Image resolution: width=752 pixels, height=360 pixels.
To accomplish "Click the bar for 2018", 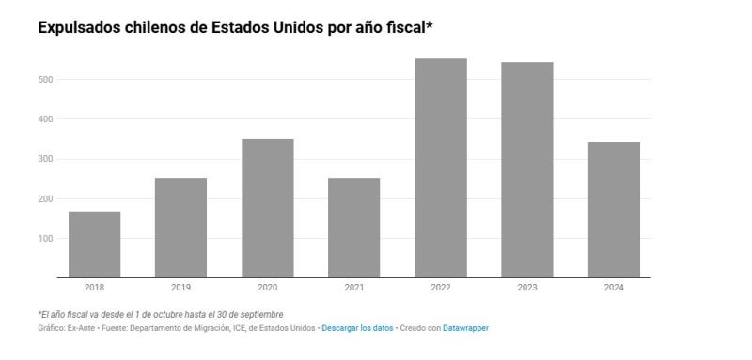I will [94, 244].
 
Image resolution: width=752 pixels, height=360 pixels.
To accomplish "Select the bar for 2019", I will [180, 227].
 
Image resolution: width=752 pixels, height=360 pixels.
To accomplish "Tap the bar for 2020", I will [267, 208].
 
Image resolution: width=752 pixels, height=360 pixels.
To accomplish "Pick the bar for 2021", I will [353, 227].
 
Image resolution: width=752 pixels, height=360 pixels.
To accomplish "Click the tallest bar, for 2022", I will [440, 167].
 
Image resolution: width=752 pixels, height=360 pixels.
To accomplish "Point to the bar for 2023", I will [526, 169].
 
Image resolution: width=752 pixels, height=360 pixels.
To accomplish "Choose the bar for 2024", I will [613, 210].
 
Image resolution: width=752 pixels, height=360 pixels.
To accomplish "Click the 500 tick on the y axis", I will [45, 80].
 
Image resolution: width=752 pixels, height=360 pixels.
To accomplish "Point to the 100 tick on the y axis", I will [45, 239].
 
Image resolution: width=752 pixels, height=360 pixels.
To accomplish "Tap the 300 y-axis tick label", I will [45, 160].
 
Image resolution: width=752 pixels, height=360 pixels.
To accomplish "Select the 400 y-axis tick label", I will [45, 119].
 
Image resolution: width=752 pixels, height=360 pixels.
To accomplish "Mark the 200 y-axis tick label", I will [45, 199].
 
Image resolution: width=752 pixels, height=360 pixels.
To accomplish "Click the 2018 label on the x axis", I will [94, 288].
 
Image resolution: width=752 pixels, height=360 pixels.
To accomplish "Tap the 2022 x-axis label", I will [440, 288].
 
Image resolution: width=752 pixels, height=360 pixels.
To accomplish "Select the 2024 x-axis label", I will [613, 288].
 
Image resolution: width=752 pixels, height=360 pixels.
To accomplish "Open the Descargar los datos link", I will [356, 328].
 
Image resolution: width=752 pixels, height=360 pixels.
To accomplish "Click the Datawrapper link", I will [465, 328].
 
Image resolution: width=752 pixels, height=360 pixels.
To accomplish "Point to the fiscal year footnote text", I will [160, 314].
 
